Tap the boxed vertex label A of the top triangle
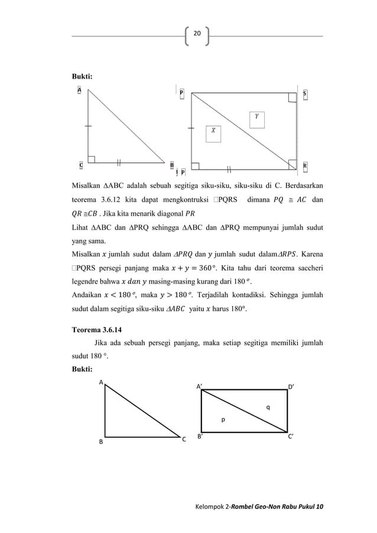pyautogui.click(x=79, y=90)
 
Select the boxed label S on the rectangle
pyautogui.click(x=304, y=93)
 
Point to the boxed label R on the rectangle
pyautogui.click(x=304, y=166)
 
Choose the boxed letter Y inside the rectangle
pyautogui.click(x=256, y=117)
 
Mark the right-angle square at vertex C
pyautogui.click(x=92, y=158)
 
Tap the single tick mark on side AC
pyautogui.click(x=87, y=126)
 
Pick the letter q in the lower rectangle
pyautogui.click(x=268, y=407)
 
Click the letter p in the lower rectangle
pyautogui.click(x=223, y=420)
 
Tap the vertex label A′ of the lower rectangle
pyautogui.click(x=200, y=386)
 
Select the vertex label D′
pyautogui.click(x=291, y=386)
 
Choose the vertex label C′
pyautogui.click(x=291, y=437)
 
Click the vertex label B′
pyautogui.click(x=200, y=437)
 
